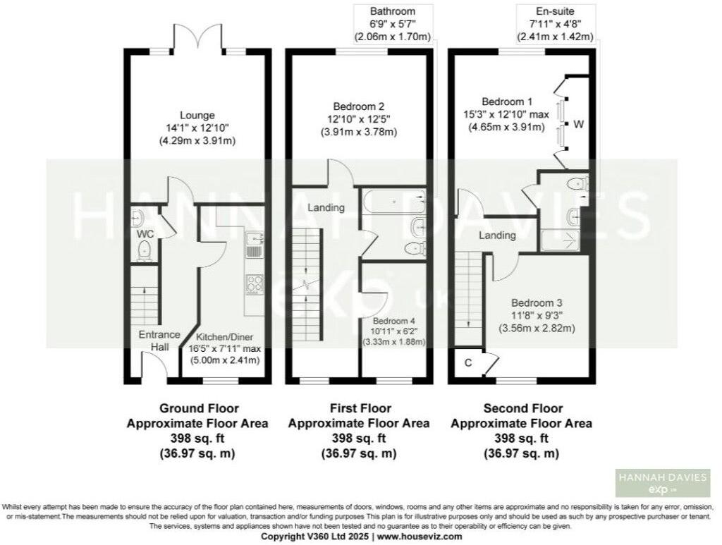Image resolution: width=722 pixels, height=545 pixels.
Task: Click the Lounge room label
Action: click(197, 116)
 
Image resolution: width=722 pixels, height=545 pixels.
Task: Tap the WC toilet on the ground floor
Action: click(145, 249)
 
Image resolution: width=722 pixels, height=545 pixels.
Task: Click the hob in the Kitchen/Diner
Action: click(254, 283)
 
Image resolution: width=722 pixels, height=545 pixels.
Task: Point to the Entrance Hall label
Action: click(159, 341)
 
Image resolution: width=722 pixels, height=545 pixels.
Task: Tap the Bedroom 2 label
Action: click(359, 107)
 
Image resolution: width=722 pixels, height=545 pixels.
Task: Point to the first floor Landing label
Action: click(326, 208)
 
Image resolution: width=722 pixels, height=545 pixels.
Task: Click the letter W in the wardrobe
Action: click(578, 125)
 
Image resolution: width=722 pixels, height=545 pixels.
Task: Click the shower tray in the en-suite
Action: click(562, 238)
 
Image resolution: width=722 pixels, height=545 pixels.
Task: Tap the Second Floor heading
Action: click(522, 408)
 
